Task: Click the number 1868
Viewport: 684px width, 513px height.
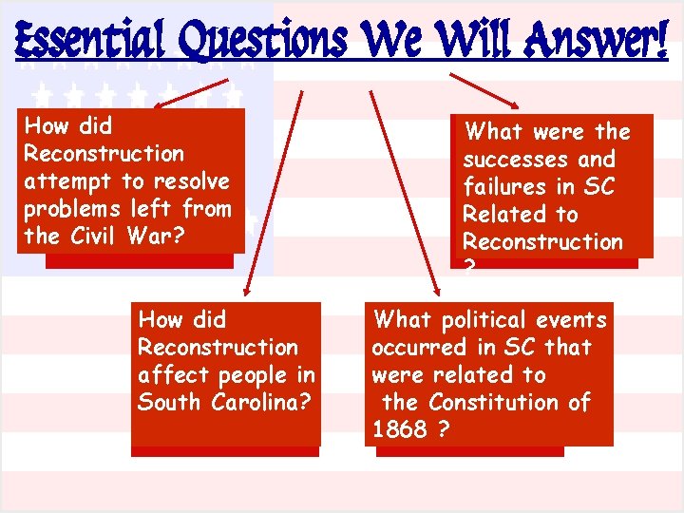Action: (399, 430)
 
